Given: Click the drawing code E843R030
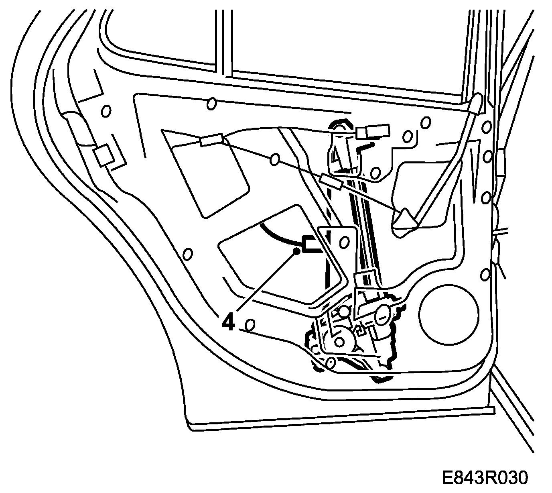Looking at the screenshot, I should [x=484, y=478].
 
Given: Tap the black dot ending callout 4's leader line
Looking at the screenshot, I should [x=297, y=251].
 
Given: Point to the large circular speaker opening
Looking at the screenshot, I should [x=448, y=316].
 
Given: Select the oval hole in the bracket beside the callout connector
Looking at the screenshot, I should [x=343, y=242].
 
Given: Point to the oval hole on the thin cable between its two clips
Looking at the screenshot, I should [x=275, y=159].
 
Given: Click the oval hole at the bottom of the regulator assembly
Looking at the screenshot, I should [x=331, y=363].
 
